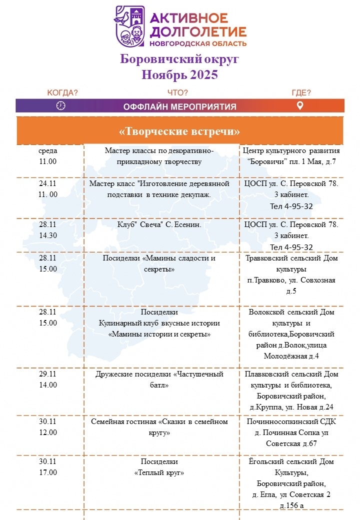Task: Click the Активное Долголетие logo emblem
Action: pos(130,26)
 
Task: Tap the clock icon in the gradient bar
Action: pos(61,105)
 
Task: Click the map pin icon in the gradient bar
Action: pos(300,105)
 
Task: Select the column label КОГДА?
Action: pos(62,92)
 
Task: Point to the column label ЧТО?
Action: pos(177,92)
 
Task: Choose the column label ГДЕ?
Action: pos(301,92)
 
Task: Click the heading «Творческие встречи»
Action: pos(180,131)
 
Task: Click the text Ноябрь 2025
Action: pos(180,75)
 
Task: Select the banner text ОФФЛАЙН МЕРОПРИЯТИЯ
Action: pos(180,106)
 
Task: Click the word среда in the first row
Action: pos(48,150)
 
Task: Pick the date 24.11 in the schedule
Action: pos(48,183)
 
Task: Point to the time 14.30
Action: pos(48,236)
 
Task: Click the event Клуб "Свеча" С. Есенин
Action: pos(159,225)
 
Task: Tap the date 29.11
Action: pos(48,374)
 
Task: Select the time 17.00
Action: pos(48,472)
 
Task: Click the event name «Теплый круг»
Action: pos(159,472)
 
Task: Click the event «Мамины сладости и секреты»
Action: pos(159,263)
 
